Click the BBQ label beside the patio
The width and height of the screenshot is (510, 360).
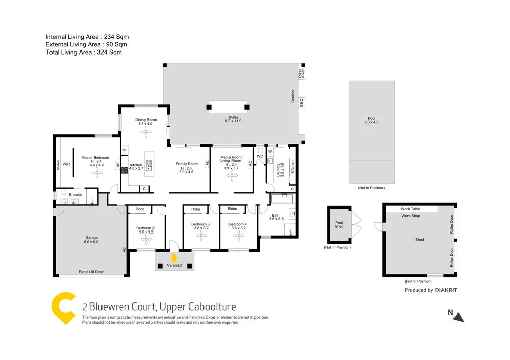[301, 102]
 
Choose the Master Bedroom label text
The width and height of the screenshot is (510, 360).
[95, 158]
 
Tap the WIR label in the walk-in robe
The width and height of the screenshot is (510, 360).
[66, 165]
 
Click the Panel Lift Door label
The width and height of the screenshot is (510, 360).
[91, 272]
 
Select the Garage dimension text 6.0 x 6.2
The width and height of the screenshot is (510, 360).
[91, 242]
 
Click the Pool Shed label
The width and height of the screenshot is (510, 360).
[339, 224]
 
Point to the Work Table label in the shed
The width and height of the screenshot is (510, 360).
[411, 209]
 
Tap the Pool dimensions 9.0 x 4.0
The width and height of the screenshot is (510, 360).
[371, 122]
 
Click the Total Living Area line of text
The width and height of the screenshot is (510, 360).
[84, 52]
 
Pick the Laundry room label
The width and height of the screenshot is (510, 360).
[278, 169]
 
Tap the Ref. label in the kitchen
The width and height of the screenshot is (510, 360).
[124, 150]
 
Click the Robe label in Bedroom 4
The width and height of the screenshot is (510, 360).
[233, 209]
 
